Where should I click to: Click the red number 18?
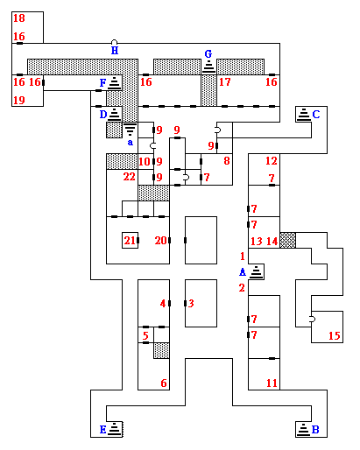point(19,18)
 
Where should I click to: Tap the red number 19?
point(19,100)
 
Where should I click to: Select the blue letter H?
point(115,51)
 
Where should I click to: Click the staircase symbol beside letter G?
point(208,67)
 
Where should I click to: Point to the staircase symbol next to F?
point(114,82)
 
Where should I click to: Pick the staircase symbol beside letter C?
point(304,114)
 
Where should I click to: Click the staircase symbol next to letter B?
point(303,429)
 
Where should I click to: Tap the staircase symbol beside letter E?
point(115,429)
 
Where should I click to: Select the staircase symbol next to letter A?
point(257,271)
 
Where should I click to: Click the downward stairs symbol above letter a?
point(130,130)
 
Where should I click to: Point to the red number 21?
point(130,241)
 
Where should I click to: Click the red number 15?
point(335,335)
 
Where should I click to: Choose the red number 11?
point(272,383)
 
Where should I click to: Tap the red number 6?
point(164,383)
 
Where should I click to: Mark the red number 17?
point(225,82)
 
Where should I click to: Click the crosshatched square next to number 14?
point(288,240)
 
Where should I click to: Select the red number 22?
point(129,177)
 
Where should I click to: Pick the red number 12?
point(272,161)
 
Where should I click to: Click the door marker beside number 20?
point(169,241)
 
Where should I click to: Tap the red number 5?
point(145,335)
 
